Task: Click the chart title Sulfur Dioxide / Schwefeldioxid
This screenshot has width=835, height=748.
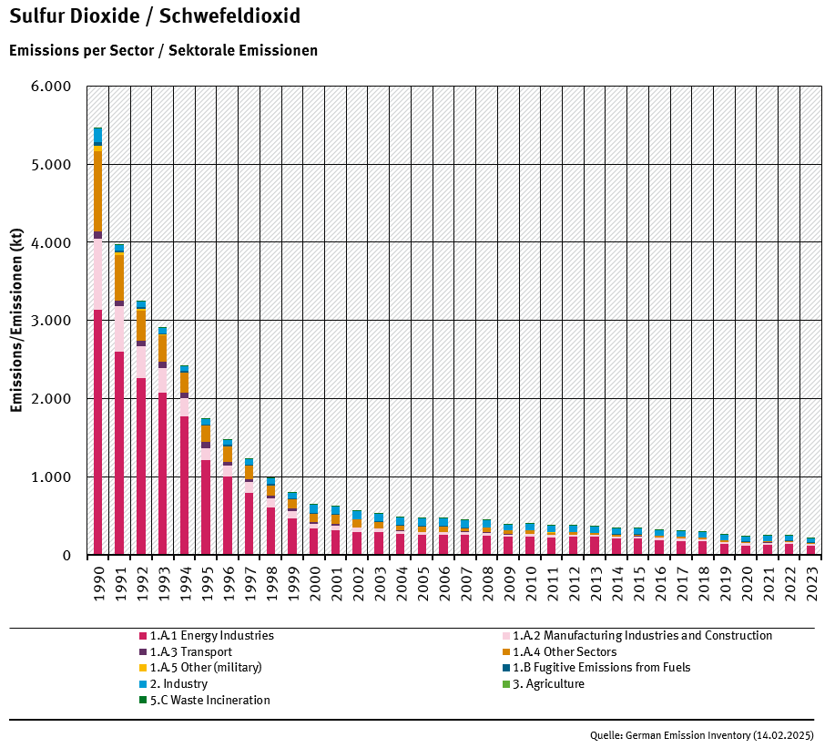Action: pos(154,17)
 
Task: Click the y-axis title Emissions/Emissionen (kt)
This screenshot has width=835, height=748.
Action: pos(16,321)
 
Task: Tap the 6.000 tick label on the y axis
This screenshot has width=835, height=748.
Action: pos(51,87)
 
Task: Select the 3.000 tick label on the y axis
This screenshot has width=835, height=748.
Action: pos(51,321)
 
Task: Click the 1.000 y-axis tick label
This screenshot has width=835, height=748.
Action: pos(51,477)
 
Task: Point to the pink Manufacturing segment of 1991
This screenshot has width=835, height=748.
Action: pos(119,329)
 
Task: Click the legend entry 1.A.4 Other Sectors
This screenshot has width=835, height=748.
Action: pos(565,652)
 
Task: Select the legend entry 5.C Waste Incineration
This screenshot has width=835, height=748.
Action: pos(209,701)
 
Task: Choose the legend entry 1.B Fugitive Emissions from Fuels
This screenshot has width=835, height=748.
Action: pos(601,668)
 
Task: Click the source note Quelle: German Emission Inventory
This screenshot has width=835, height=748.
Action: pos(701,735)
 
